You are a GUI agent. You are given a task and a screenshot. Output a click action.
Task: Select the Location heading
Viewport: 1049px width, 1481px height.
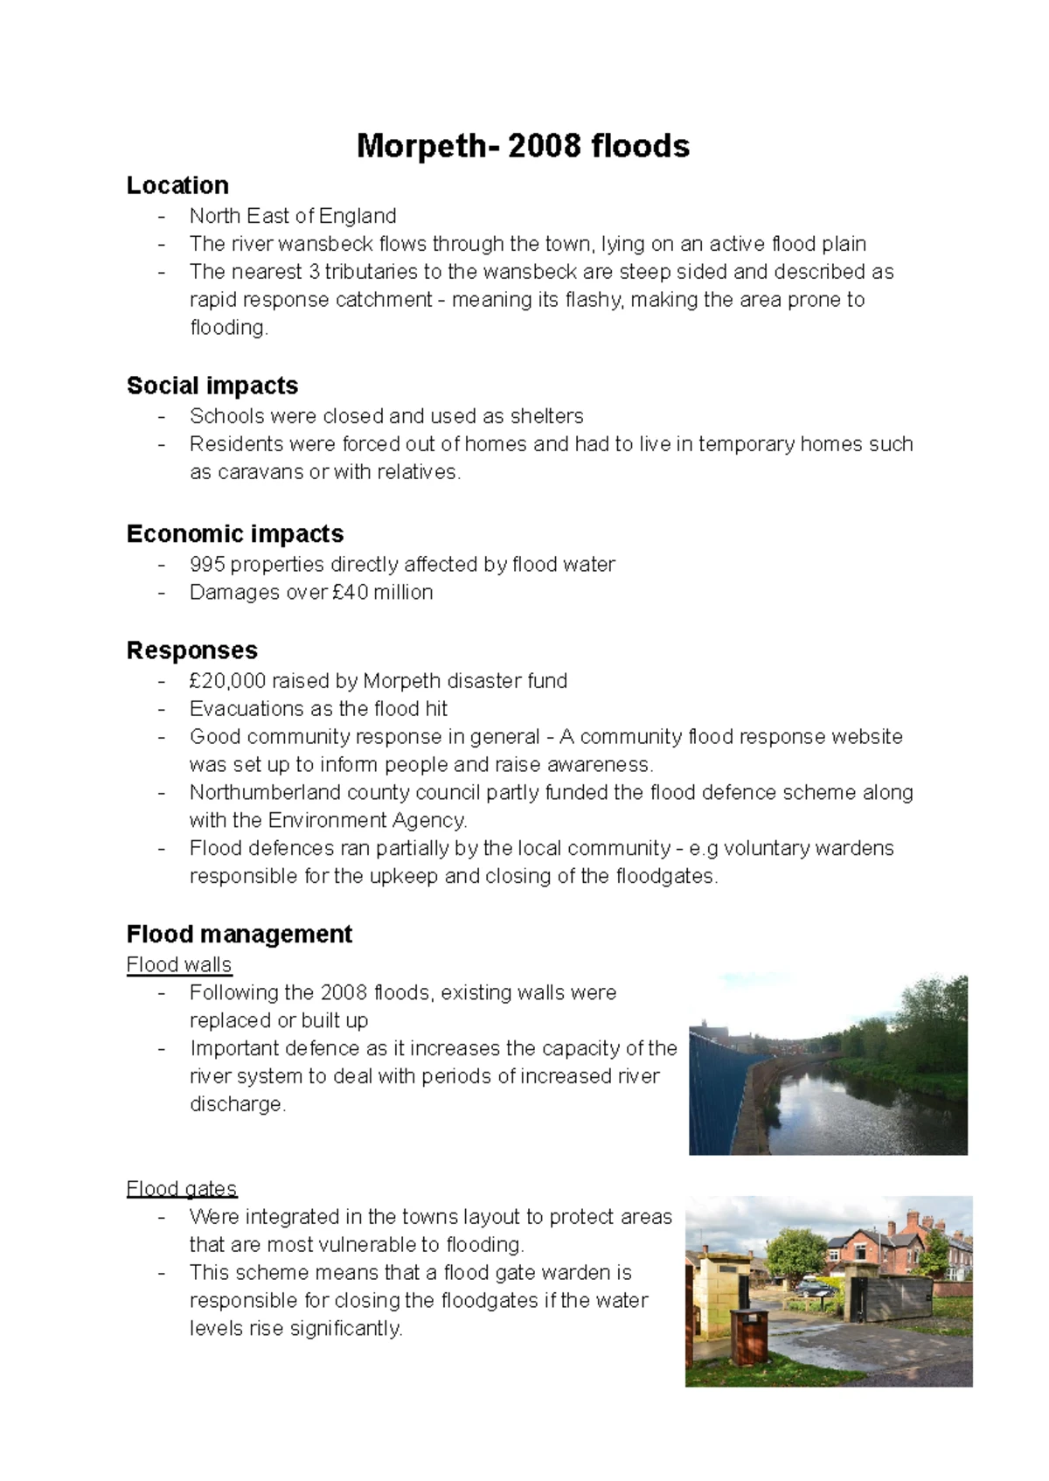click(177, 185)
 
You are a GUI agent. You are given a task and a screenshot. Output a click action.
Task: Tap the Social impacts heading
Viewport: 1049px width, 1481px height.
click(212, 386)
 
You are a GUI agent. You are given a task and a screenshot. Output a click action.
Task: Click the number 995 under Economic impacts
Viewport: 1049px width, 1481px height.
click(207, 565)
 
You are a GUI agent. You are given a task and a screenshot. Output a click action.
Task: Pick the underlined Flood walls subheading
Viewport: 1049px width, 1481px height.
click(179, 965)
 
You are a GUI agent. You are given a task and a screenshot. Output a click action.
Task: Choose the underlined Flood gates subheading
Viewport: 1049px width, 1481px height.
click(182, 1189)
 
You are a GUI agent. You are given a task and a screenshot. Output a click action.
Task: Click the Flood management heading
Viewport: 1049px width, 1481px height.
click(239, 935)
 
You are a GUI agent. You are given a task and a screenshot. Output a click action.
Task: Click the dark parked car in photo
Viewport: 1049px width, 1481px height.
click(817, 1288)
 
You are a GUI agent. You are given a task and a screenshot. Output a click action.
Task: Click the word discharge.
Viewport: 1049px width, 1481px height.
click(237, 1105)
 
